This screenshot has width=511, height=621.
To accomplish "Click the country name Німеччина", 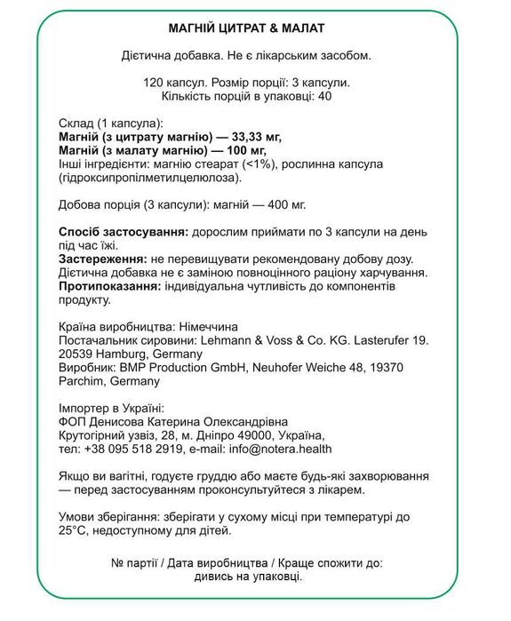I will pyautogui.click(x=204, y=327).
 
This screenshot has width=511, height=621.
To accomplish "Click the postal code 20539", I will pyautogui.click(x=76, y=354).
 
